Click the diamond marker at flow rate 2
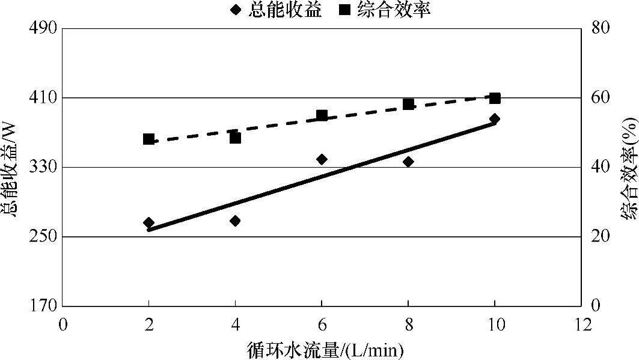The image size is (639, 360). (148, 223)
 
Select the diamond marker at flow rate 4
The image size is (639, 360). (235, 221)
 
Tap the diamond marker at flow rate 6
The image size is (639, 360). (322, 159)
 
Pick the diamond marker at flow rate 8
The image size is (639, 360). (408, 162)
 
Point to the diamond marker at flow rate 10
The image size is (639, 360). (495, 119)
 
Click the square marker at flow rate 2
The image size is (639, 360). (148, 139)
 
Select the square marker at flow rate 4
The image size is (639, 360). (235, 138)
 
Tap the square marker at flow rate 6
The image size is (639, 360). (322, 115)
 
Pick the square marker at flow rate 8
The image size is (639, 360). (408, 104)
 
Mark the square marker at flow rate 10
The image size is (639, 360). (495, 99)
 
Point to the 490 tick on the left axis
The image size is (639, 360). (44, 28)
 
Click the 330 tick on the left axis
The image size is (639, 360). (44, 167)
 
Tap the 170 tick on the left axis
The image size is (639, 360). (44, 306)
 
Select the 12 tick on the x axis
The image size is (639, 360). (581, 324)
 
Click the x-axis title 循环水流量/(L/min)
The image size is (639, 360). (324, 348)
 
